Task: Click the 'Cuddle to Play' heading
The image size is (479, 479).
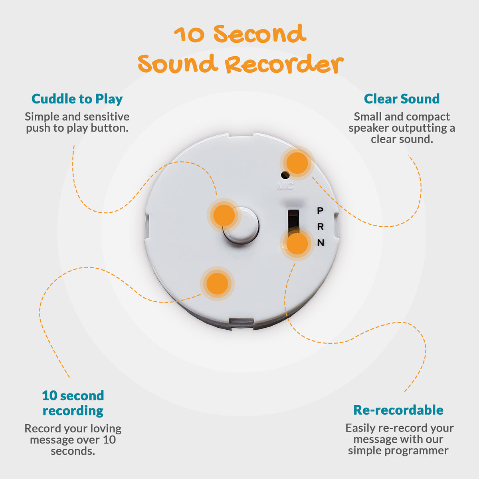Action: tap(77, 99)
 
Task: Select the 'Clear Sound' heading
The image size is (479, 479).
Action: tap(402, 99)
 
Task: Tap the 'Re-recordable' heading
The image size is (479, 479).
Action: tap(398, 410)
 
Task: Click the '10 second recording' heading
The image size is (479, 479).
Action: tap(73, 403)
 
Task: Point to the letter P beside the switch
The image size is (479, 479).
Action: tap(320, 211)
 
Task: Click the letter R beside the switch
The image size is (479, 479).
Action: tap(320, 227)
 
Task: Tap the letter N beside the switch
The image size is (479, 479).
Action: tap(321, 243)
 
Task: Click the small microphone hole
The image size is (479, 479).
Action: tap(285, 175)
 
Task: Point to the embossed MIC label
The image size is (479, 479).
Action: tap(285, 186)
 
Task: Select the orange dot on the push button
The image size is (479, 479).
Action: tap(224, 216)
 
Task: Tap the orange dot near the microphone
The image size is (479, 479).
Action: tap(297, 163)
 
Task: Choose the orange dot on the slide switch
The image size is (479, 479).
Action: tap(297, 243)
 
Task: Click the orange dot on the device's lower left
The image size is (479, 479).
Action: tap(217, 284)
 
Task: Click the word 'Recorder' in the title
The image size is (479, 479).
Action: tap(284, 65)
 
